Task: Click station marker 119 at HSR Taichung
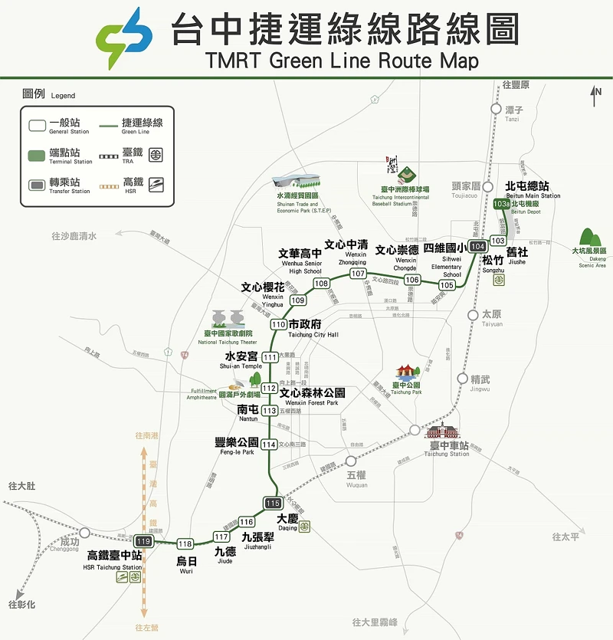click(143, 542)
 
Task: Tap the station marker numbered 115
click(273, 504)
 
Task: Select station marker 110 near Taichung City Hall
click(278, 325)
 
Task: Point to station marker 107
click(358, 274)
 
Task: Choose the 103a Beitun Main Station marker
click(502, 205)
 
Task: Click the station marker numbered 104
click(478, 246)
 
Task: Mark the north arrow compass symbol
click(597, 96)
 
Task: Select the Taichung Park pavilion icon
click(406, 372)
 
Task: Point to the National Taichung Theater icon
click(228, 319)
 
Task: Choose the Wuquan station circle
click(351, 461)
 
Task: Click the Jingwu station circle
click(462, 378)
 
